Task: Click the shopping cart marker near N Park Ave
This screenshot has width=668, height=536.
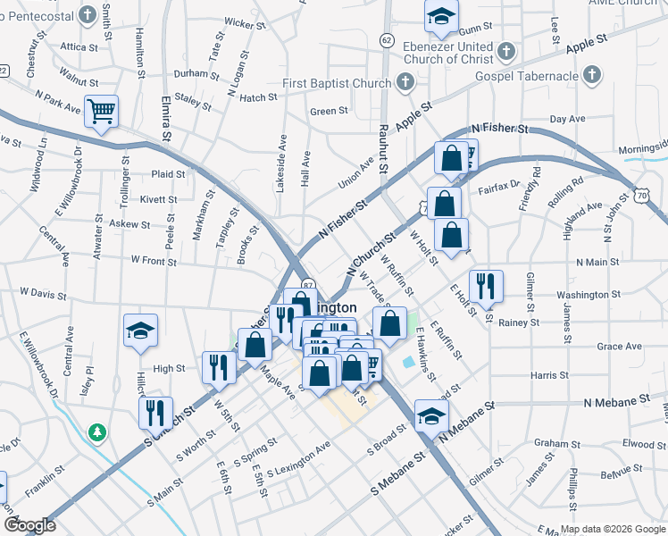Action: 102,113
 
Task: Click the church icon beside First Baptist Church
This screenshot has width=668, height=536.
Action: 405,84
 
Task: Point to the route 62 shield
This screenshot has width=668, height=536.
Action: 386,40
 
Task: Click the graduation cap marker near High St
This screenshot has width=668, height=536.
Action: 141,332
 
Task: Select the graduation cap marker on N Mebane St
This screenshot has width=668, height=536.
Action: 430,416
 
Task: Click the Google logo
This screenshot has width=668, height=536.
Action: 29,525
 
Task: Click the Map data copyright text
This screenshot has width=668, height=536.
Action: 612,529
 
